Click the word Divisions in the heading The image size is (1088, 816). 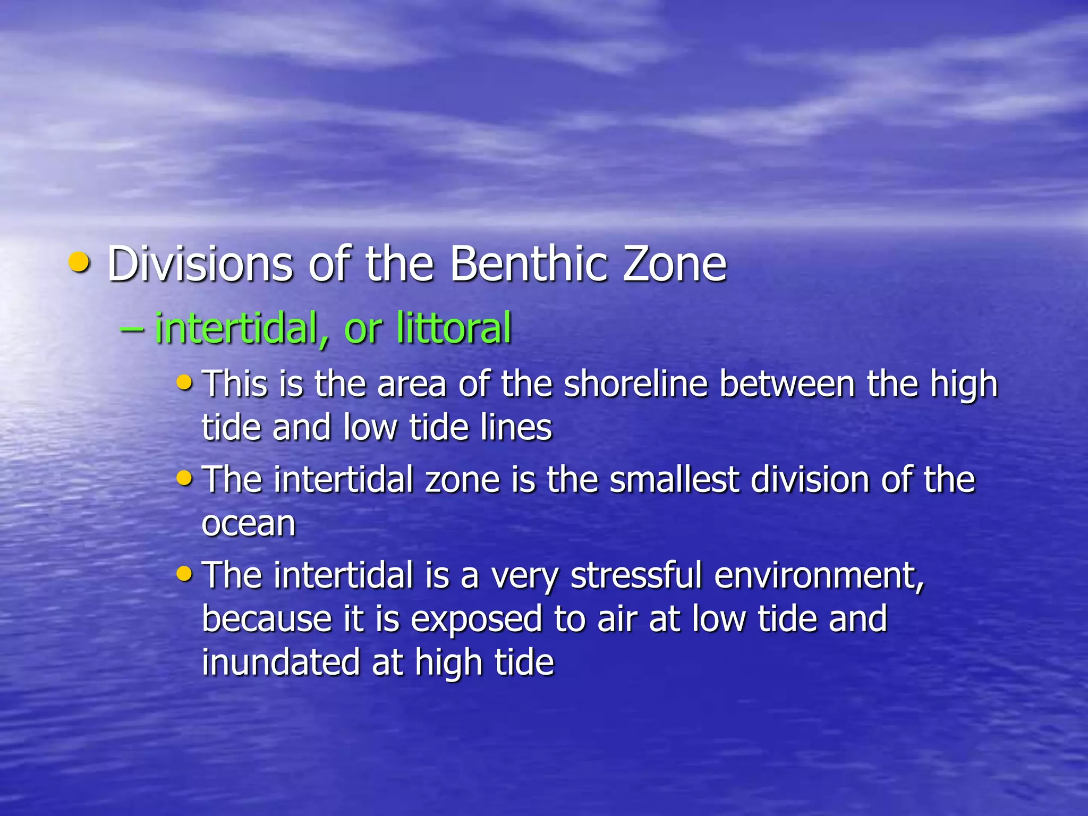tap(200, 264)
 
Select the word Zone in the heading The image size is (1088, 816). tap(675, 264)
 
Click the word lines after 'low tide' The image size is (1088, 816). tap(516, 427)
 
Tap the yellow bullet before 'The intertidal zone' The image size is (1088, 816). tap(184, 478)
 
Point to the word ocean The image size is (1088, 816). tap(248, 524)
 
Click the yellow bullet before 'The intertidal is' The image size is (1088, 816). tap(184, 573)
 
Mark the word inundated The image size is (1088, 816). tap(280, 662)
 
